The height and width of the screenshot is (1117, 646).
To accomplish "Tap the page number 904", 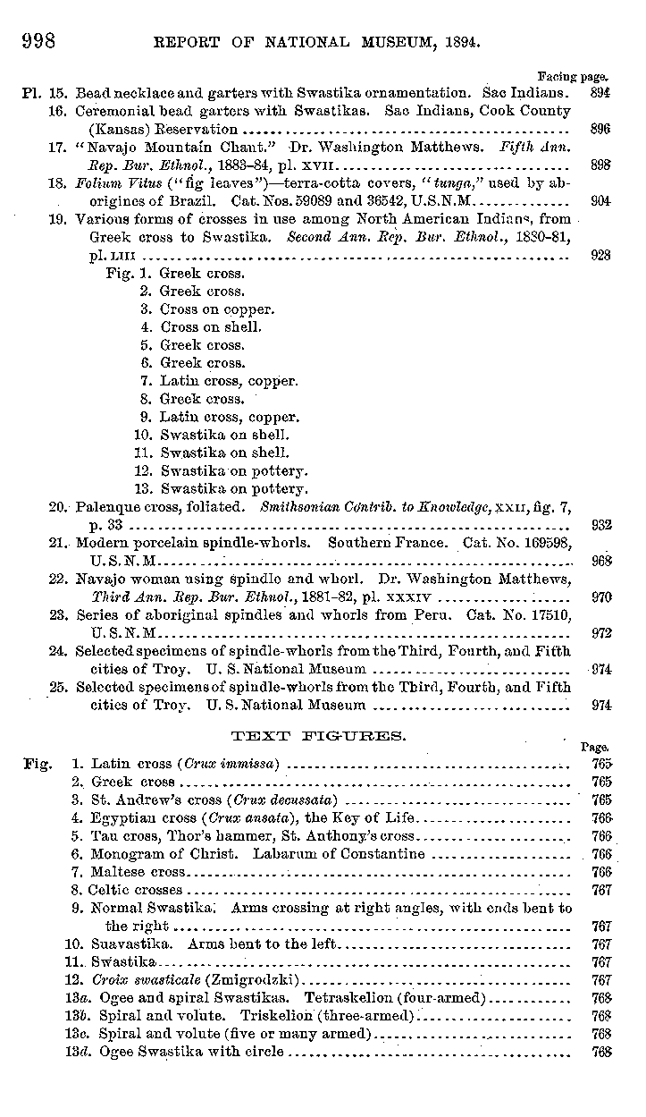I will pos(600,200).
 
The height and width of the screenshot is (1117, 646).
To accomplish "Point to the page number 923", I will pos(600,255).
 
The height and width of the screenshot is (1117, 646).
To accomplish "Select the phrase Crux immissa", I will pos(233,764).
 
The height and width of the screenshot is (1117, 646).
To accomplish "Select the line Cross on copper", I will pos(217,309).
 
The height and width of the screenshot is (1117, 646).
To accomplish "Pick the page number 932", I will pos(600,525).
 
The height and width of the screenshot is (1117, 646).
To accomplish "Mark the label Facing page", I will pos(573,77).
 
